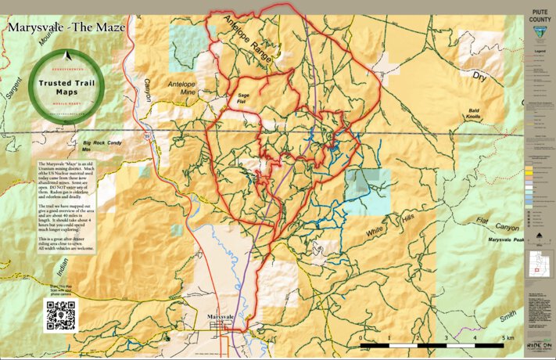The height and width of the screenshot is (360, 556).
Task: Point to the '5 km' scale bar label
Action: (x=508, y=337)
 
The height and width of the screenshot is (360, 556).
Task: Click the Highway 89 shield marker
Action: (x=148, y=136)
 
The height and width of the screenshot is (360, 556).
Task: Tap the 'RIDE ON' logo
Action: (x=539, y=344)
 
